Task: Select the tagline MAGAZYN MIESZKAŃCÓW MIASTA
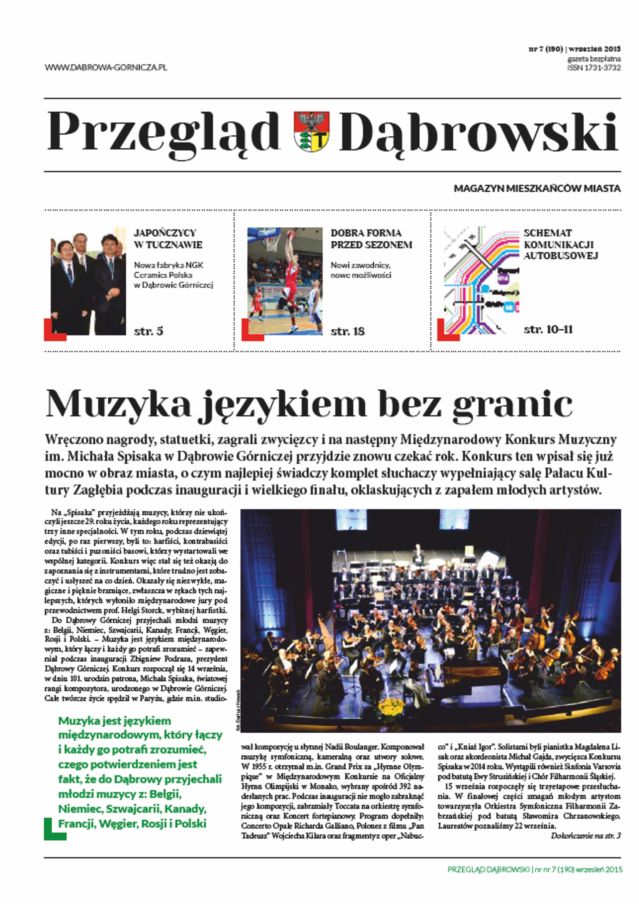coord(537,189)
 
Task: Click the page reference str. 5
coord(148,331)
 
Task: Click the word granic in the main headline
coord(512,404)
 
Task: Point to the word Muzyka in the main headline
coord(118,404)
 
